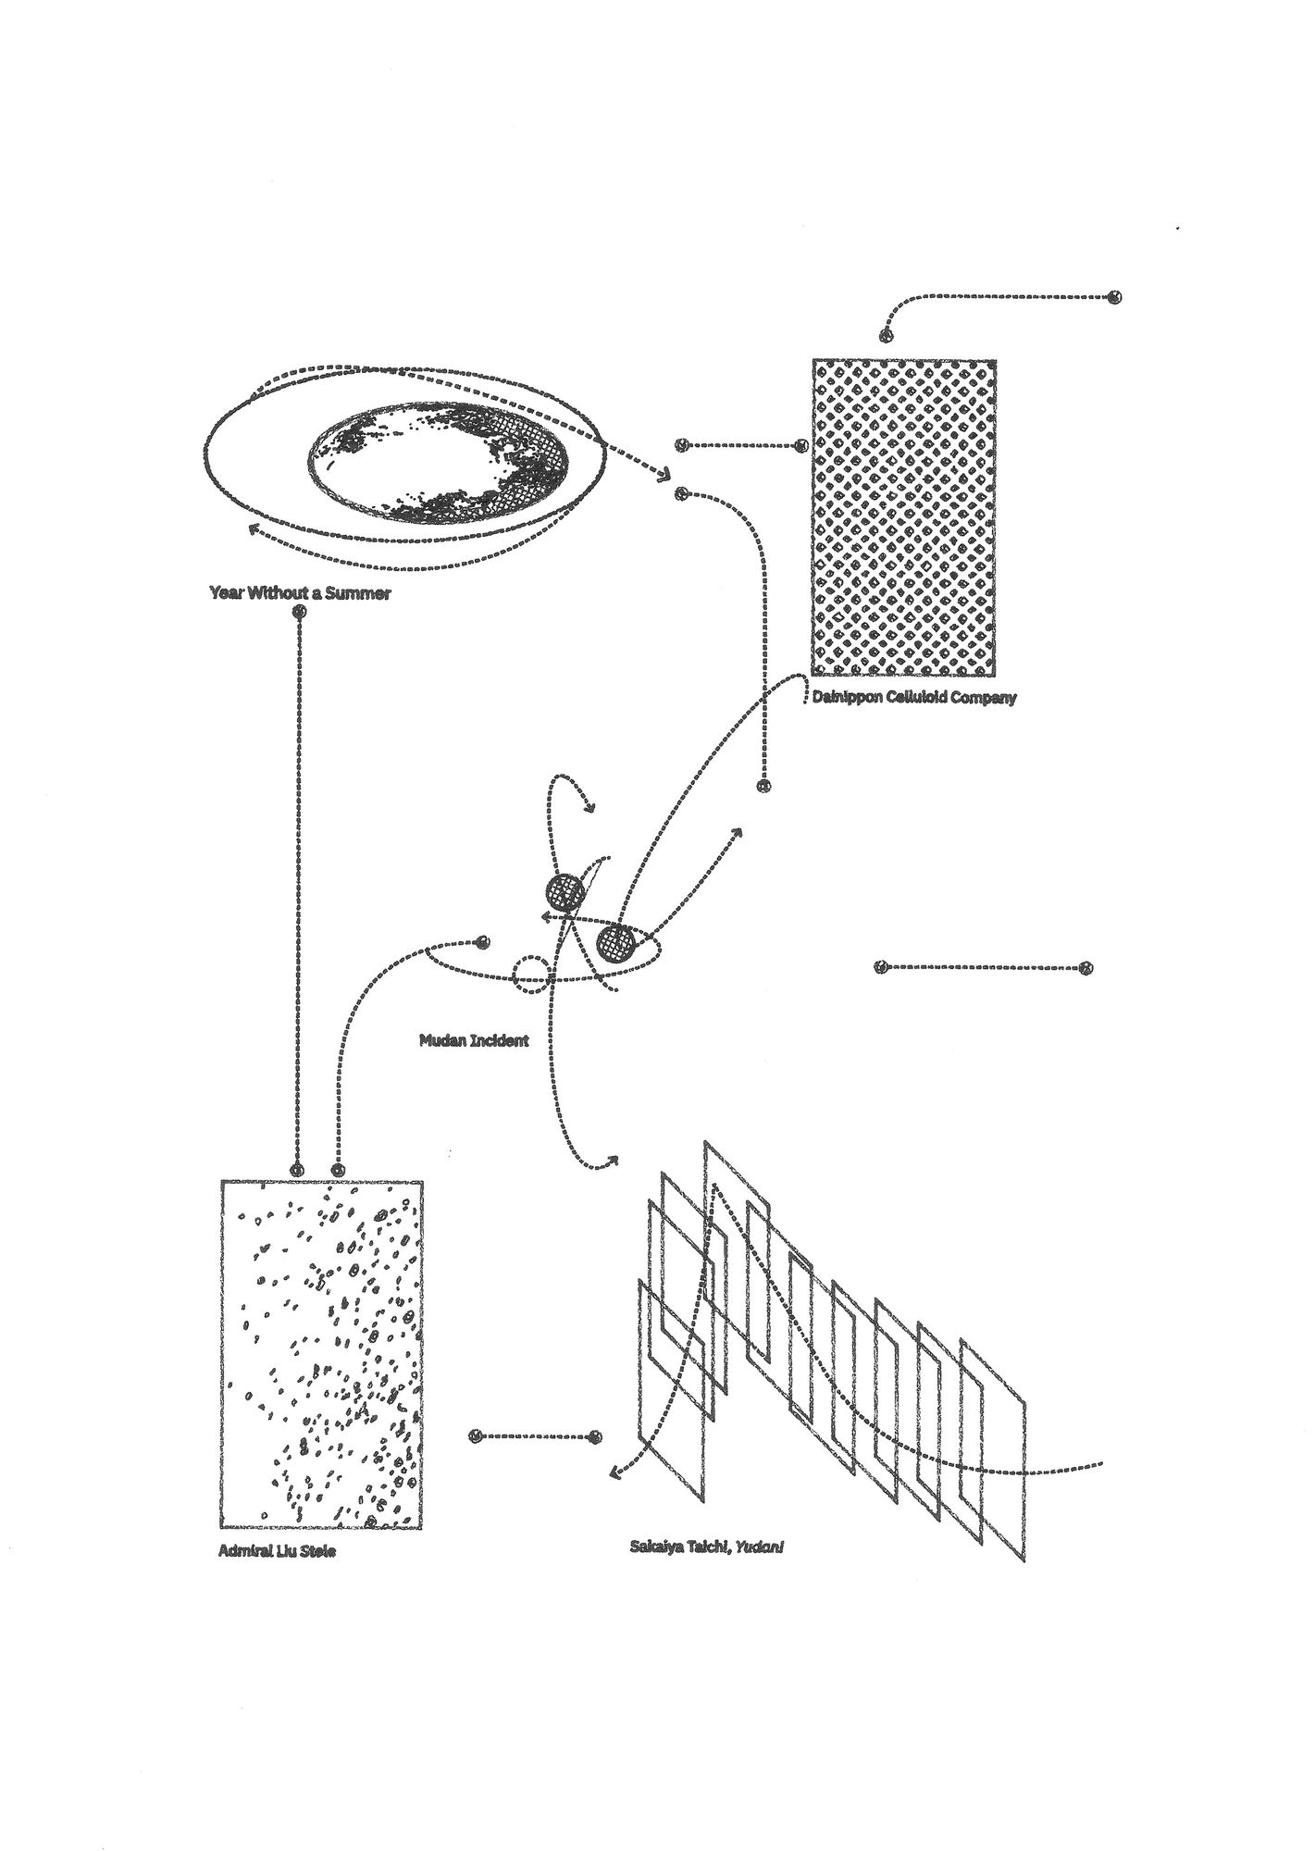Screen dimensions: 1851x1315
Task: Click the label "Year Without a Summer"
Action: (300, 593)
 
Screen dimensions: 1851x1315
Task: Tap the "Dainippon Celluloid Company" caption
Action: (912, 697)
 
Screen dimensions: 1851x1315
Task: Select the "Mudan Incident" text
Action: (474, 1040)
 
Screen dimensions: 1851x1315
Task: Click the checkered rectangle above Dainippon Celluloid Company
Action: (904, 516)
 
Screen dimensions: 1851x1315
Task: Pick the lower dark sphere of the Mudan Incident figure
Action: (615, 944)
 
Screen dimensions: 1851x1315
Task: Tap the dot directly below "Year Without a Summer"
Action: (298, 613)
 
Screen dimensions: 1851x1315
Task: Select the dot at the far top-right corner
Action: (1115, 297)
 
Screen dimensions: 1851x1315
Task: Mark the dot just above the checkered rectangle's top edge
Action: (886, 335)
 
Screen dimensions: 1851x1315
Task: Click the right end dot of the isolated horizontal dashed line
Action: (1086, 968)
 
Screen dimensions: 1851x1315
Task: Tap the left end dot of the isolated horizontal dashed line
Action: (881, 968)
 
